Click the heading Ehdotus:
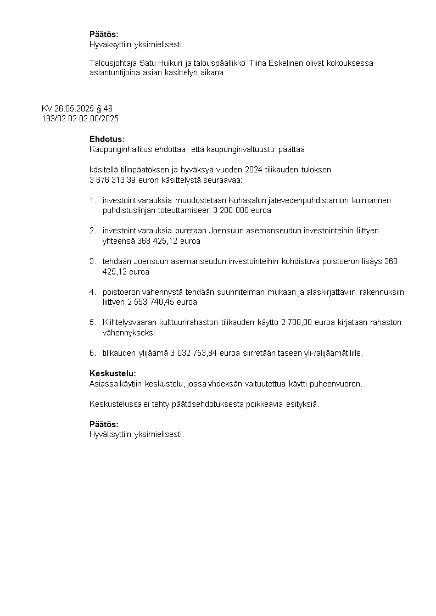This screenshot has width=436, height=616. coord(107,139)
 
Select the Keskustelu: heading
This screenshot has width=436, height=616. coord(113,373)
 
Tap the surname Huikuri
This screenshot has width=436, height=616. coord(172,63)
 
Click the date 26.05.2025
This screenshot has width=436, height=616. coord(74,109)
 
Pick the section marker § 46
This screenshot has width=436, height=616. coord(104,109)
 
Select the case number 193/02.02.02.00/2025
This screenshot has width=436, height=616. coord(80,119)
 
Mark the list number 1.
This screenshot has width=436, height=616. coord(92,200)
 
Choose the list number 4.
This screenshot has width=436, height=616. coord(92,292)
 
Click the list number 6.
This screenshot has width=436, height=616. coord(92,353)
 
